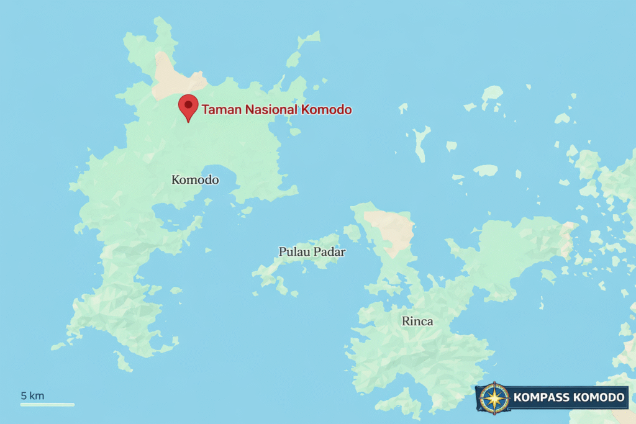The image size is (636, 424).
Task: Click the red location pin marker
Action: pos(188,107)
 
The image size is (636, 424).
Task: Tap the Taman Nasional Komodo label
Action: pos(276,110)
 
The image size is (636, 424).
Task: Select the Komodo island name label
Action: pos(195,180)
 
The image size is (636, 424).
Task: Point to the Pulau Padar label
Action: pos(312,252)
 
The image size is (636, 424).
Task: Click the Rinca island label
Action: pos(417,322)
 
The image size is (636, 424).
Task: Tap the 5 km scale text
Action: pos(32,395)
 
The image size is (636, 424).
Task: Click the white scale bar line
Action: pos(47,405)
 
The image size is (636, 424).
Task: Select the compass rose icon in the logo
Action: pos(494,398)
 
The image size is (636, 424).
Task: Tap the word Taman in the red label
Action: pos(221,110)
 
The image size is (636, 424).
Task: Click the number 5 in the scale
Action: pos(24,395)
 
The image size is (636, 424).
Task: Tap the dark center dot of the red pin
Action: pos(188,104)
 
